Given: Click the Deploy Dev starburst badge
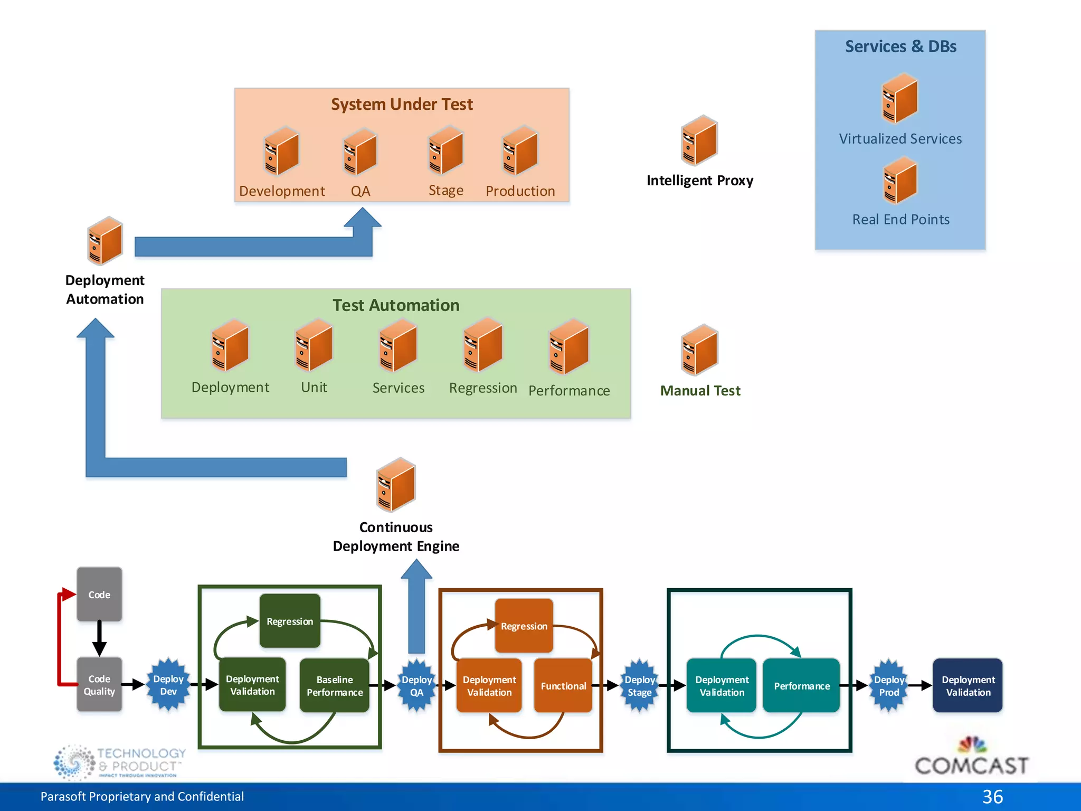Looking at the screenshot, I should coord(168,685).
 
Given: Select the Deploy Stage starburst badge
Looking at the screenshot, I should coord(639,686).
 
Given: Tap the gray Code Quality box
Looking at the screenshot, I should coord(99,685).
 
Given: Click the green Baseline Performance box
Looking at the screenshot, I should coord(335,686).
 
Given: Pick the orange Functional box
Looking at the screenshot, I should coord(563,686).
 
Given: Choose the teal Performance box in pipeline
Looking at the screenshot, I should coord(801,686).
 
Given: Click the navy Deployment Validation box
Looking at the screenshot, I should coord(968,686).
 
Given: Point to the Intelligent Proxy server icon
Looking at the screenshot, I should coord(699,140).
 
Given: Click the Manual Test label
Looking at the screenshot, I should coord(700,391).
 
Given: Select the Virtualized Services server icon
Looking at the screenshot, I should coord(900,99).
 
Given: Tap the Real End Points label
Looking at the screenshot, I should coord(900,220).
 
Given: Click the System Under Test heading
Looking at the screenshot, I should coord(402,105).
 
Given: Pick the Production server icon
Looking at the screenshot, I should coord(520,151).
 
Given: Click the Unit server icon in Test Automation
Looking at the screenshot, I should coord(314,345).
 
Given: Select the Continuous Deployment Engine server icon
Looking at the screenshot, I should coord(396,485).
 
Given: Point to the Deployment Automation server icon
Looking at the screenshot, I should coord(105,241).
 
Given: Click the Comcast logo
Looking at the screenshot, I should coord(971,758).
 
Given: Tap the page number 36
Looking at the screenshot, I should coord(992,797).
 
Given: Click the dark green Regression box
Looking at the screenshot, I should coord(290,621).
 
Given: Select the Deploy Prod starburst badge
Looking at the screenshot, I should coord(889,686).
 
